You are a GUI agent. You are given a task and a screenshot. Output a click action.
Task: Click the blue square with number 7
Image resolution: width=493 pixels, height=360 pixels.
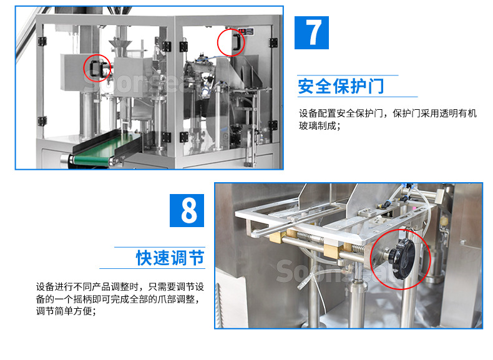coord(315,32)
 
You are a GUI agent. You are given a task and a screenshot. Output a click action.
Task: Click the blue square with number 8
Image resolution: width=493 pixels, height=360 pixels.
coord(188,210)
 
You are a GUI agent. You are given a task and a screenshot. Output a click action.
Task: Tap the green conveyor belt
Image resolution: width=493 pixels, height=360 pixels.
coord(103,146)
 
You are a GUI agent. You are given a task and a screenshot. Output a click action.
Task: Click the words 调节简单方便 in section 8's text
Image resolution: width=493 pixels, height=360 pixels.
coord(66,311)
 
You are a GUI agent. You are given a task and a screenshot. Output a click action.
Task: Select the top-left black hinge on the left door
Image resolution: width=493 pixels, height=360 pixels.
coord(42,41)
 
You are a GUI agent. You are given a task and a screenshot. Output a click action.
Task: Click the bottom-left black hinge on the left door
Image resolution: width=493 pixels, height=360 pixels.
coord(42,120)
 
